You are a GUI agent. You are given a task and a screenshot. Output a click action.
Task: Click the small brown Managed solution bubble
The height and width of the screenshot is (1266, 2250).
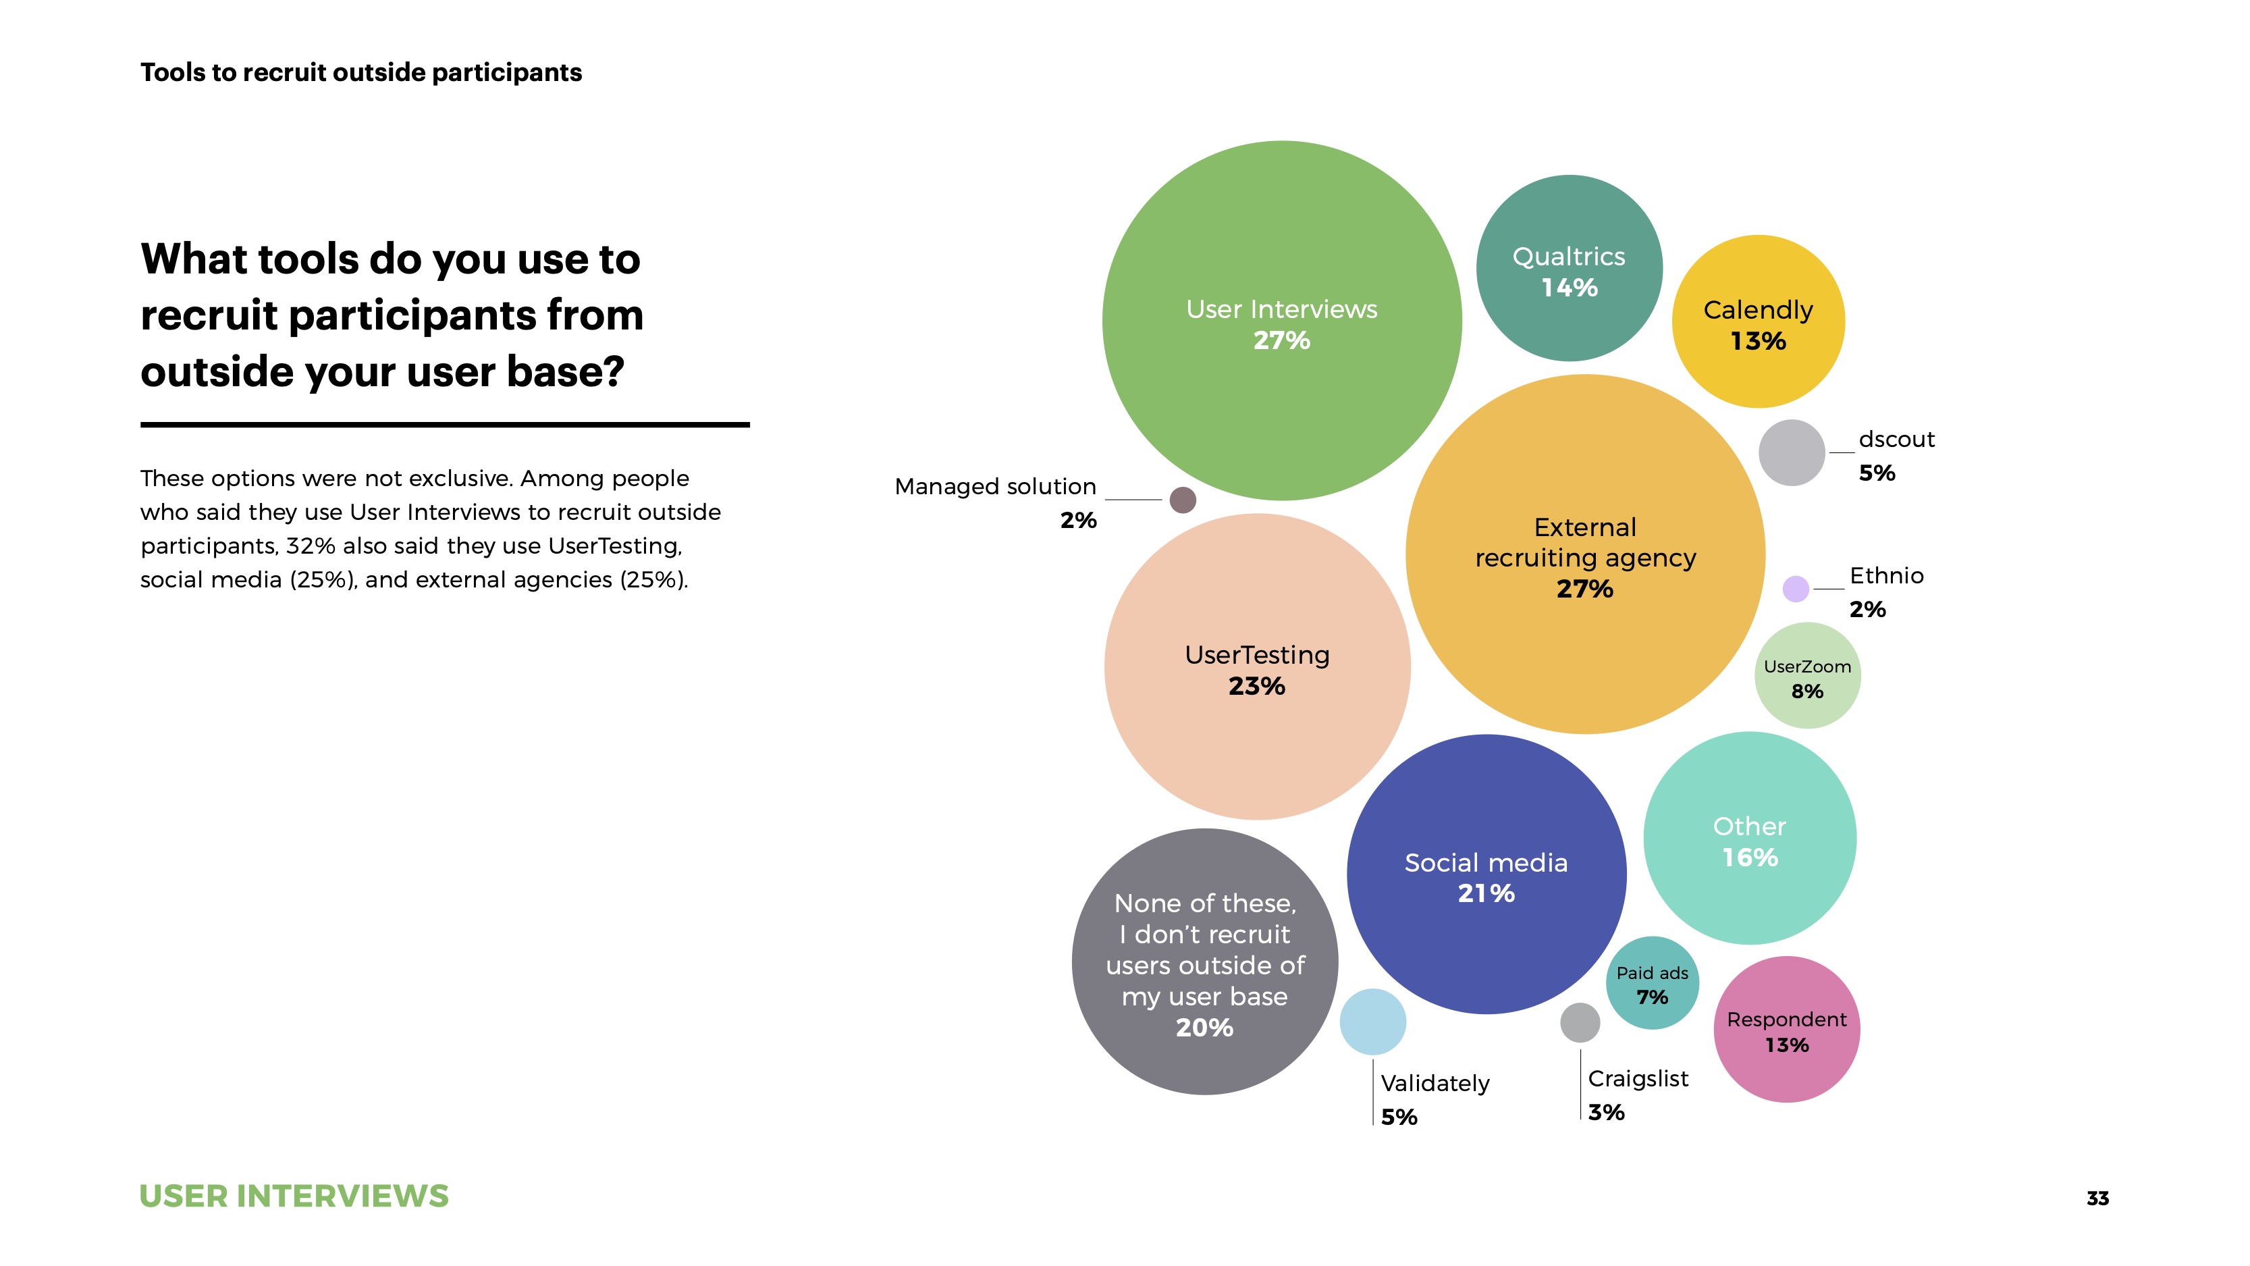click(1183, 500)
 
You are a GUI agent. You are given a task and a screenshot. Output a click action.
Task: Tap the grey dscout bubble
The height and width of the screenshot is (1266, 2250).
click(1792, 452)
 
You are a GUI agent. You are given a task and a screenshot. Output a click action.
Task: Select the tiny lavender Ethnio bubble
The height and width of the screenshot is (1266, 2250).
click(1795, 589)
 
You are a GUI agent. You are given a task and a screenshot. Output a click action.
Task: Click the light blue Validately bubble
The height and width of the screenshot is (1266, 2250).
click(1372, 1022)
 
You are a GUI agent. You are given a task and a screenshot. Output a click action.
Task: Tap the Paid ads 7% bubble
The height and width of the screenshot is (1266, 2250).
click(1652, 984)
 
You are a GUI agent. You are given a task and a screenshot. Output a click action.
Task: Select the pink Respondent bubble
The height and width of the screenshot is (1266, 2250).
click(1786, 1030)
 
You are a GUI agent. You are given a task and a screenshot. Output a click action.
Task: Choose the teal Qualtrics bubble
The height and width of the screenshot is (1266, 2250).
click(1569, 268)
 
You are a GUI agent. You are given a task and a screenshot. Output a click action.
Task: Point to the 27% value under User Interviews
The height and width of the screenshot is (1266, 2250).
click(1281, 341)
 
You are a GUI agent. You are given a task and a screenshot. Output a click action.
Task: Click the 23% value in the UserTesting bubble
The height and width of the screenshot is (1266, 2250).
click(1256, 687)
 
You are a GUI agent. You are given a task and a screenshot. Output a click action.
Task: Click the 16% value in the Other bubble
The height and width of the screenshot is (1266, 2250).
click(1750, 858)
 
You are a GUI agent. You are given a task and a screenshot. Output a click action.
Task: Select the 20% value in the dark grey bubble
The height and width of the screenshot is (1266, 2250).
click(1204, 1028)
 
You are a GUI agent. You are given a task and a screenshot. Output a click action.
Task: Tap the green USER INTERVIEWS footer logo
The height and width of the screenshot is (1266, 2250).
click(294, 1196)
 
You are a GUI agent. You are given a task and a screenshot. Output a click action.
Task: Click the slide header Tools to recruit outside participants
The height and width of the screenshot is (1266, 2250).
click(360, 72)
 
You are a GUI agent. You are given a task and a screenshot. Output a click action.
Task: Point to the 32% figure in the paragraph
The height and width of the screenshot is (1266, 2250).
click(310, 546)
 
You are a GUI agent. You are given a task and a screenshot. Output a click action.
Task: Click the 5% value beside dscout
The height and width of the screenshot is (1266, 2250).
click(1876, 473)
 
